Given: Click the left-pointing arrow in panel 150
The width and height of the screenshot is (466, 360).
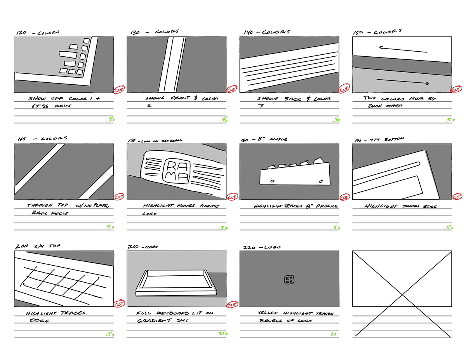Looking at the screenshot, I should coord(403,49).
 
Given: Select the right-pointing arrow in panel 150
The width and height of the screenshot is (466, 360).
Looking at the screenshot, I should coord(403,82).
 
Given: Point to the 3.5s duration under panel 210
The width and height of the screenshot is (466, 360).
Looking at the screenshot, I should coord(223,334).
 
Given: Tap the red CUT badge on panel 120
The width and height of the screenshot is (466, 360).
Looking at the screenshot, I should coord(118,90).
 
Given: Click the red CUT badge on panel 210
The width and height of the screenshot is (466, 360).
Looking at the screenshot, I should coord(232,304).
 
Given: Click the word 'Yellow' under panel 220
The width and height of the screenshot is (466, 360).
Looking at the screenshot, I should coord(268,313).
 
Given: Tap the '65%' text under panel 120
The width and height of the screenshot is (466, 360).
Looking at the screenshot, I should coord(39,106).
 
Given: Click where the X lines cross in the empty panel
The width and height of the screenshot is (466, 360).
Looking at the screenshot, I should coord(402,293).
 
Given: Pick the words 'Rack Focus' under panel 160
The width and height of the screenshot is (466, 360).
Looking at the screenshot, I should coord(49,213).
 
